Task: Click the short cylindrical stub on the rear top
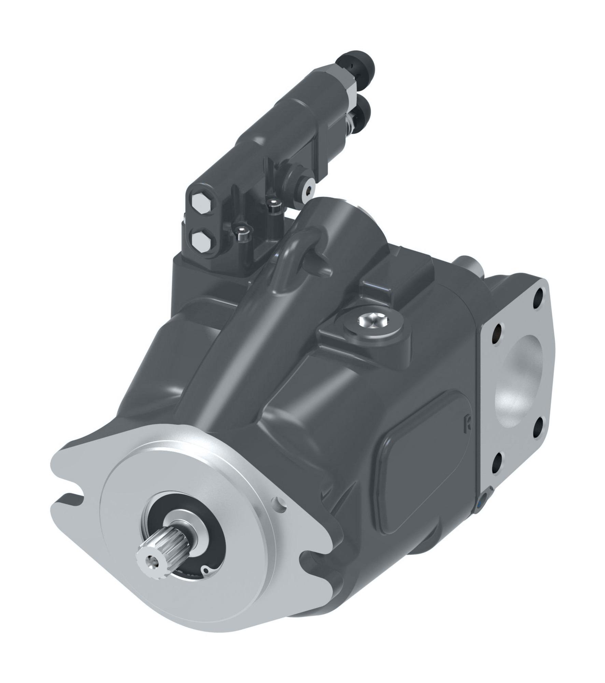coord(470,264)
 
